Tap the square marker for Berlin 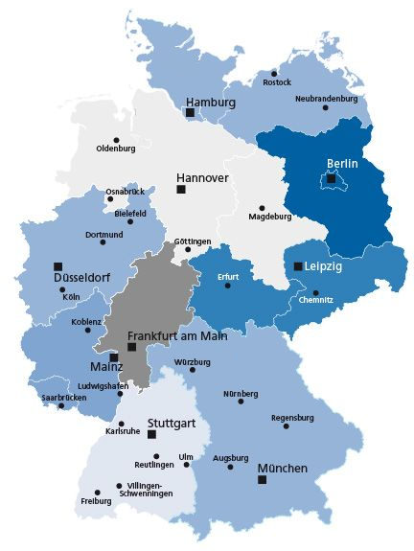[x=331, y=178]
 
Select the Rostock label [x=277, y=83]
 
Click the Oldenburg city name [x=116, y=149]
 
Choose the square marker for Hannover [x=181, y=190]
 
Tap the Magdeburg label [x=269, y=217]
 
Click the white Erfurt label [x=227, y=277]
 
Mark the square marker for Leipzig [x=298, y=266]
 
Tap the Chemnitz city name [x=315, y=300]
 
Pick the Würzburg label [x=193, y=361]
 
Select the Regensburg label [x=292, y=418]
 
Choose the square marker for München [x=262, y=479]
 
